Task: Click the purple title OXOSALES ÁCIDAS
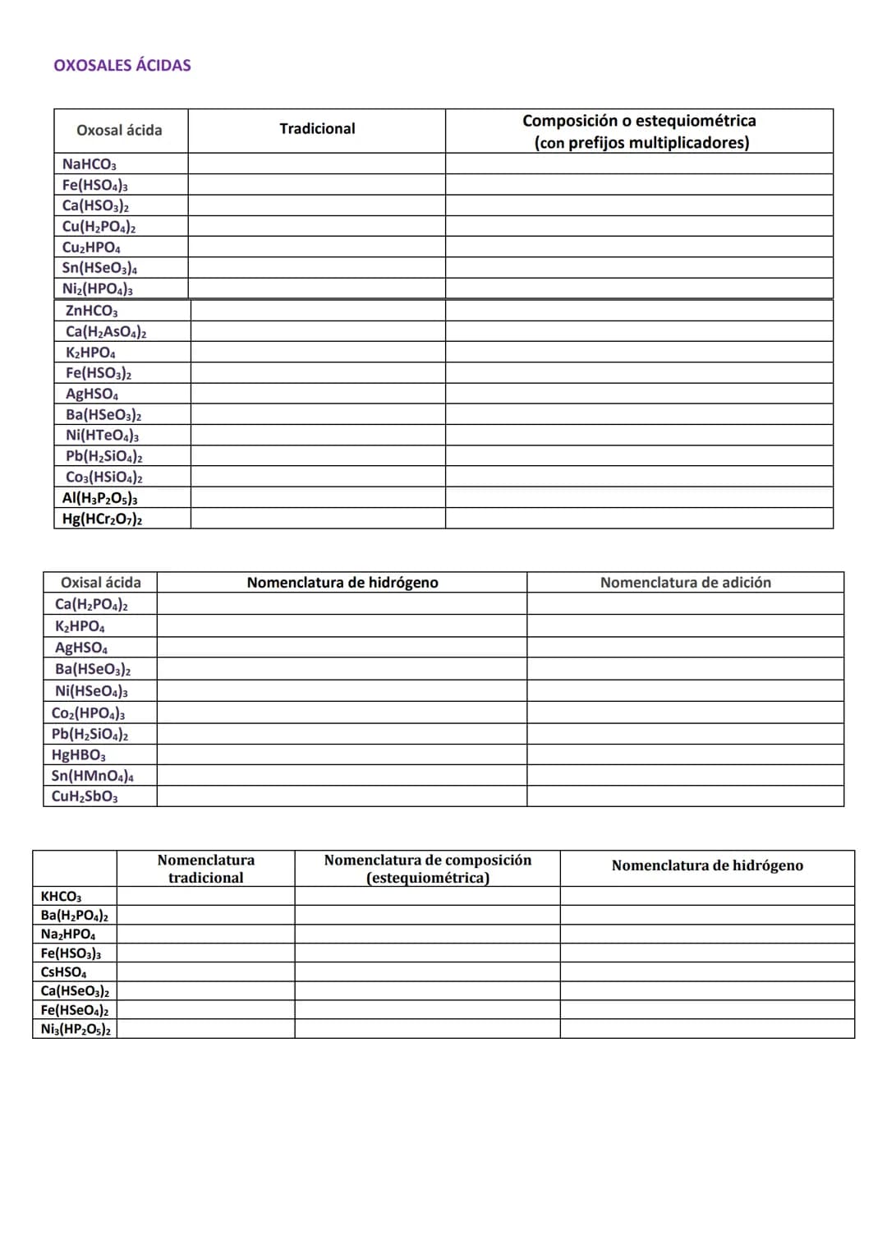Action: tap(122, 66)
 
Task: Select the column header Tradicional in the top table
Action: tap(317, 129)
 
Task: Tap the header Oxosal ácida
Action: tap(119, 130)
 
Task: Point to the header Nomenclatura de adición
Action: tap(685, 583)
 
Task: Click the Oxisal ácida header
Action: tap(100, 583)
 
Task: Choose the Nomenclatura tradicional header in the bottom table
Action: tap(205, 869)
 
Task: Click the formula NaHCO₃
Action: tap(89, 164)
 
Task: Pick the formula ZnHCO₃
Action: tap(91, 311)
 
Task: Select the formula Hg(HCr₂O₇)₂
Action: tap(102, 519)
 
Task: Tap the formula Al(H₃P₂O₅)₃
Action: tap(99, 498)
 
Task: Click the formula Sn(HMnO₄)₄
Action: tap(92, 776)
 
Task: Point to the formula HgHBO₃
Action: tap(78, 755)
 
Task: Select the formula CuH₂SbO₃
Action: tap(84, 796)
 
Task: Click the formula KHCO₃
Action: tap(61, 897)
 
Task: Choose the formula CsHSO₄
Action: tap(63, 972)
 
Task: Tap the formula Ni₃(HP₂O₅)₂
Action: tap(76, 1029)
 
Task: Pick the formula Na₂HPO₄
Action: tap(67, 934)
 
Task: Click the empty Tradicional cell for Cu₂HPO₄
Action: tap(316, 247)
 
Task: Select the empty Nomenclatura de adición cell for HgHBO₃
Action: tap(685, 754)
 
